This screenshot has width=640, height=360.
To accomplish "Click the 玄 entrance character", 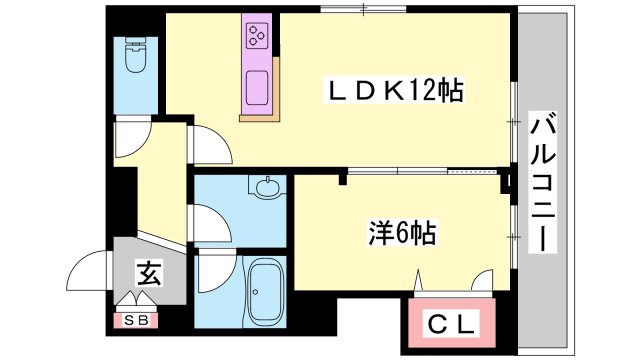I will [146, 272].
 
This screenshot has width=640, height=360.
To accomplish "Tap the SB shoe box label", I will [134, 320].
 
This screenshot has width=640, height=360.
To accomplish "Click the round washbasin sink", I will [267, 187].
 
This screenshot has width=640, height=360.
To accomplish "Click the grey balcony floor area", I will [545, 280].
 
